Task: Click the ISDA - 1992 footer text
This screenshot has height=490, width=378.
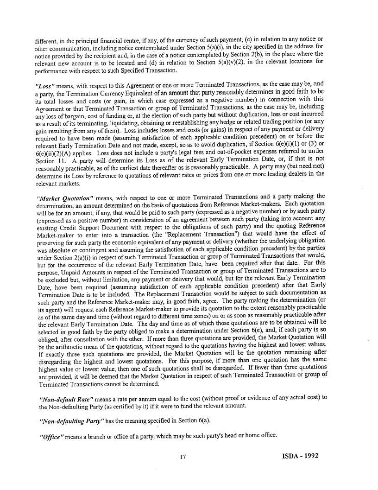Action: pyautogui.click(x=300, y=456)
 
